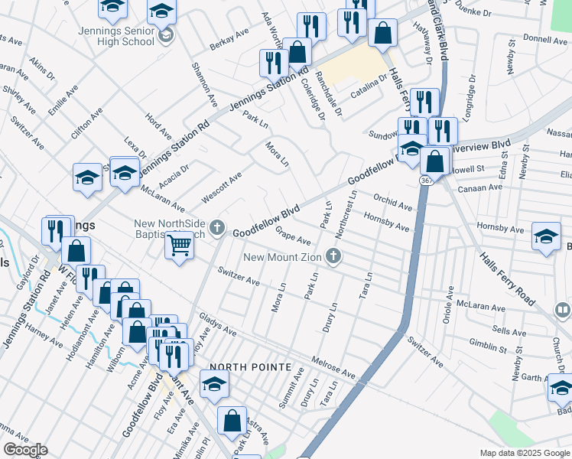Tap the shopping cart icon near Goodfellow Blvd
click(x=179, y=246)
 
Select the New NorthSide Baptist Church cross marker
click(x=217, y=227)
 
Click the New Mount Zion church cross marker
click(x=333, y=257)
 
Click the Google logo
click(x=25, y=450)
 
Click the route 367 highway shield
click(x=424, y=179)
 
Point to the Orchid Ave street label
click(x=393, y=202)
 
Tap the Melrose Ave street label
click(x=333, y=366)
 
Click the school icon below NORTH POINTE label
click(x=215, y=384)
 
